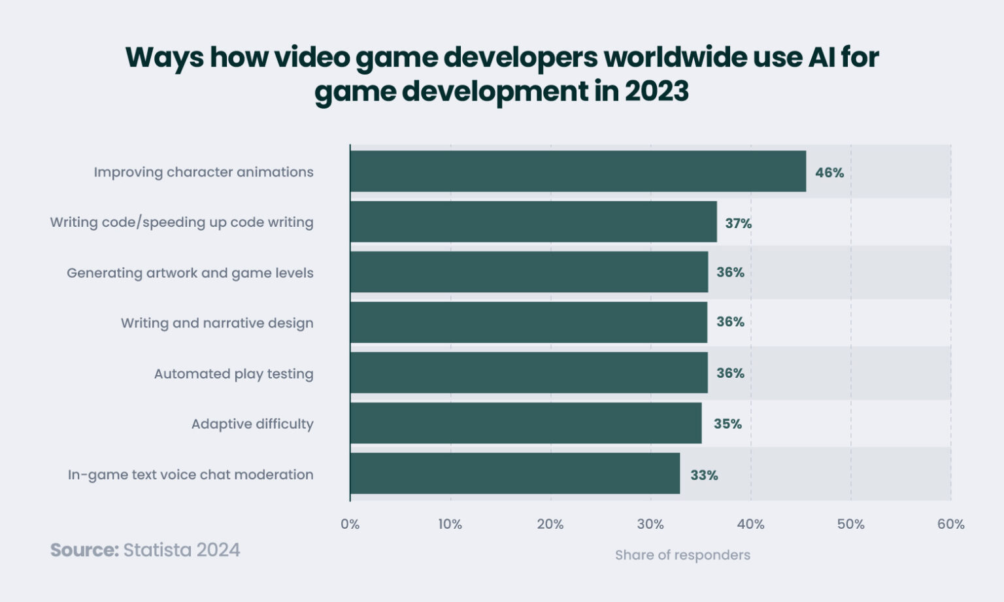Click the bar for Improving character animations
pyautogui.click(x=578, y=171)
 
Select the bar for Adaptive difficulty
pyautogui.click(x=526, y=423)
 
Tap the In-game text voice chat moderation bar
pyautogui.click(x=515, y=474)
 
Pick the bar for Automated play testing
pyautogui.click(x=529, y=373)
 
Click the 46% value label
pyautogui.click(x=829, y=173)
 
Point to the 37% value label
pyautogui.click(x=738, y=224)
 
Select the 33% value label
pyautogui.click(x=704, y=475)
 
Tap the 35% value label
pyautogui.click(x=728, y=424)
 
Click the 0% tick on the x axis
pyautogui.click(x=350, y=524)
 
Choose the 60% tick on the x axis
pyautogui.click(x=950, y=524)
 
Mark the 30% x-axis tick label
pyautogui.click(x=650, y=524)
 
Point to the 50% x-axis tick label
pyautogui.click(x=850, y=524)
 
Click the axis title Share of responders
pyautogui.click(x=682, y=555)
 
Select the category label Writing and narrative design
pyautogui.click(x=217, y=323)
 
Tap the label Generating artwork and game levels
pyautogui.click(x=190, y=273)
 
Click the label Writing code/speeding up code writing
pyautogui.click(x=182, y=222)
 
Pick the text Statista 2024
pyautogui.click(x=182, y=550)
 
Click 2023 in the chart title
pyautogui.click(x=656, y=91)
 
